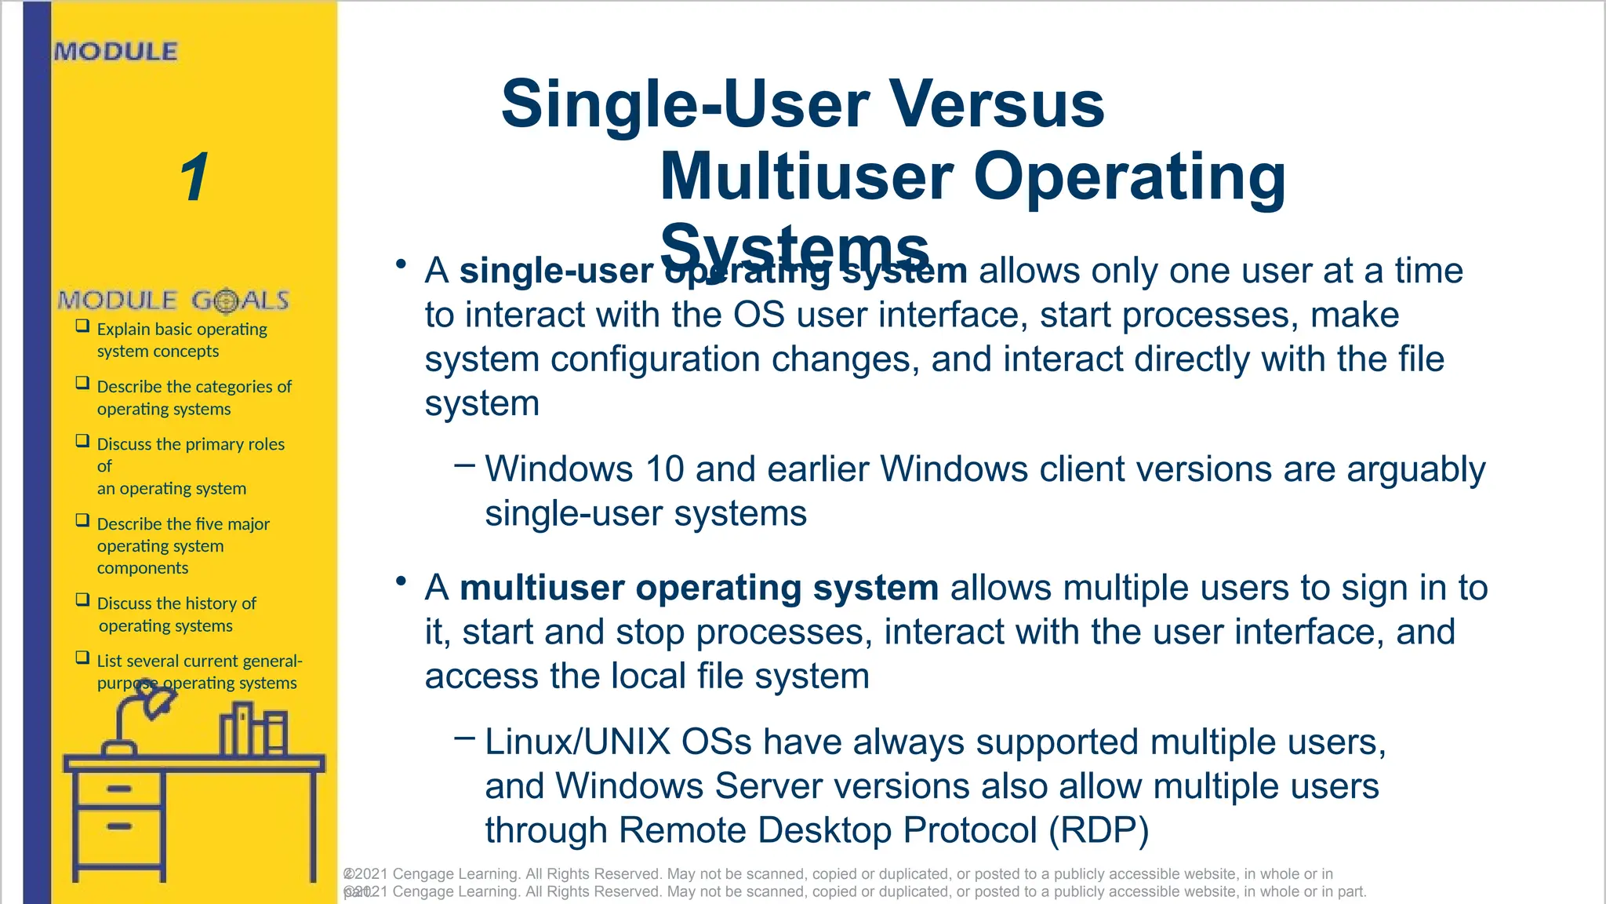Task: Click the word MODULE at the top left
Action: pos(116,52)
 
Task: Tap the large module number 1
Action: pos(194,177)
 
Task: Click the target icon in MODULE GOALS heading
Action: pos(226,301)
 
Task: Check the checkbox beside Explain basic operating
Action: pos(82,326)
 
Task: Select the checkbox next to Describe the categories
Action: pos(82,383)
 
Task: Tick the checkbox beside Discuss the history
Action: pos(82,600)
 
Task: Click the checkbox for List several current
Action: pos(82,658)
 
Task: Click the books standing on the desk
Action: pos(253,730)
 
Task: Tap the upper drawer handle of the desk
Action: pos(119,789)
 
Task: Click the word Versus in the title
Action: pos(996,104)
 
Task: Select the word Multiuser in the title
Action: pos(806,177)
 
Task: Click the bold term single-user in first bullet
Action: pos(555,272)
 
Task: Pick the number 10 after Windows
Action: pos(664,470)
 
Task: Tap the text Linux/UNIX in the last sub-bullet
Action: pos(577,742)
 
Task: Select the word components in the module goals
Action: pos(142,568)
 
